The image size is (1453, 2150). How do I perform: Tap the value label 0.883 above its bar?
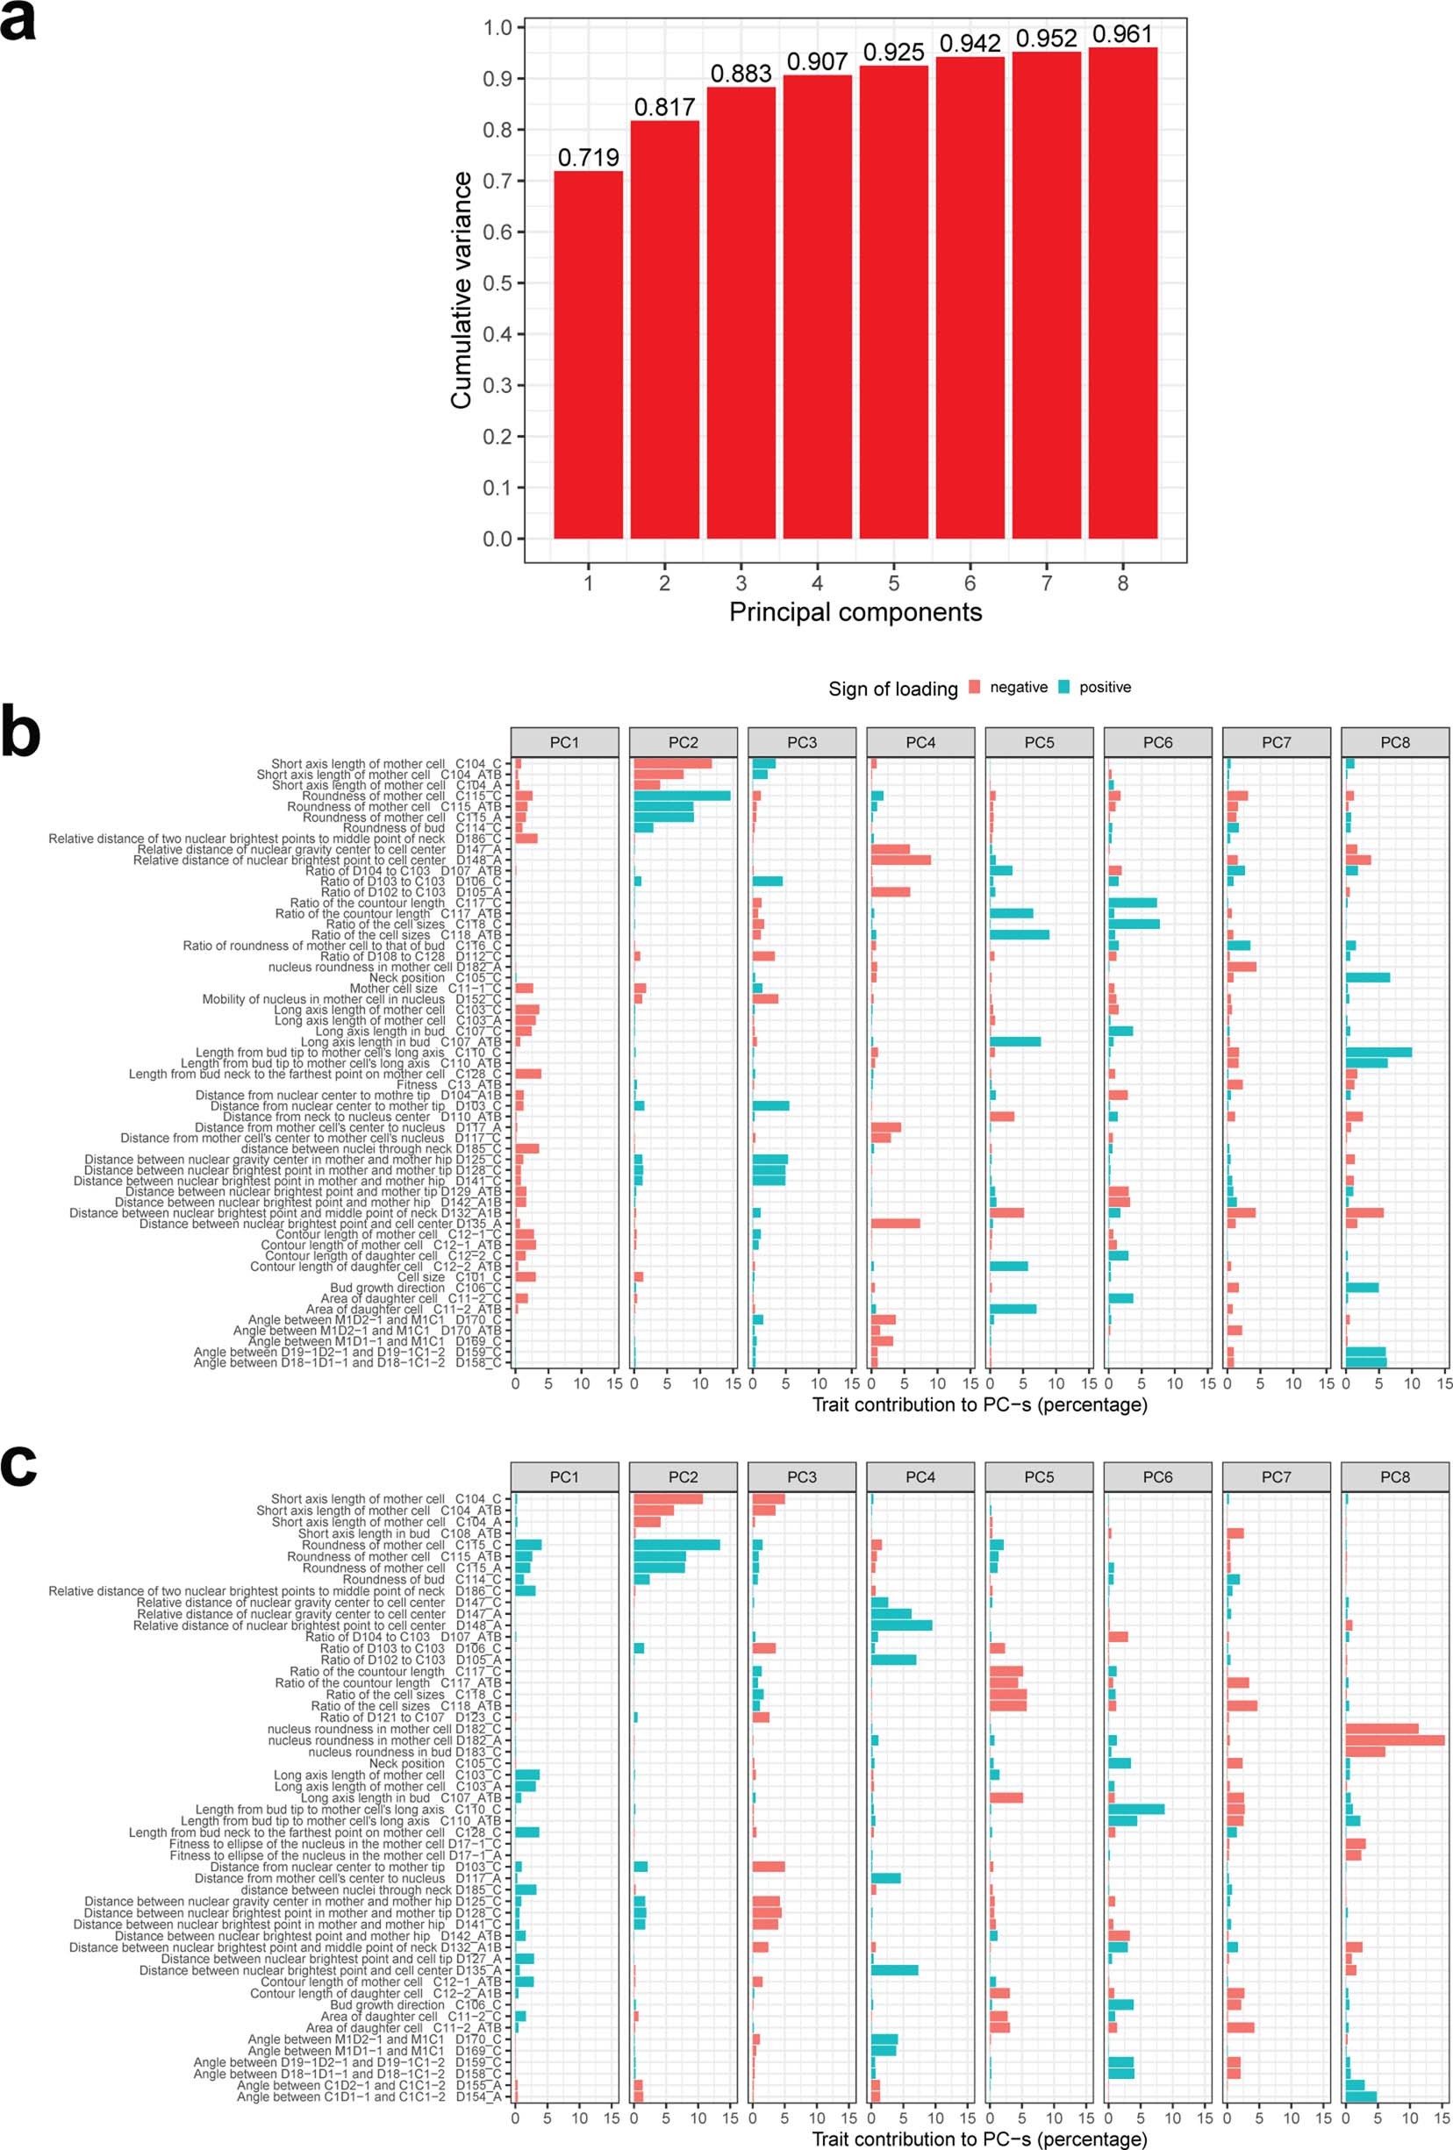(x=741, y=74)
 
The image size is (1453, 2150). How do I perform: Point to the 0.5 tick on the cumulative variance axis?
(x=497, y=283)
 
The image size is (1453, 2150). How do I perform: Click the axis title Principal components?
(x=855, y=612)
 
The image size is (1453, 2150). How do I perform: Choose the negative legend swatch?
(x=975, y=688)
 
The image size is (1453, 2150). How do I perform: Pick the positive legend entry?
(x=1104, y=688)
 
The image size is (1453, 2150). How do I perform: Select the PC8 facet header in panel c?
(x=1395, y=1477)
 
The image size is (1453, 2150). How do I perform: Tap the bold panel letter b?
(x=20, y=732)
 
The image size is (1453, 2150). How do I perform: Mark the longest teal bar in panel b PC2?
(x=682, y=796)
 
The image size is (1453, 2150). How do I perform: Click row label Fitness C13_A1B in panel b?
(x=449, y=1084)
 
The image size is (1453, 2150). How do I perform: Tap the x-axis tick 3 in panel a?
(x=741, y=583)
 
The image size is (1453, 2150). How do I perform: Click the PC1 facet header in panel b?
(x=564, y=743)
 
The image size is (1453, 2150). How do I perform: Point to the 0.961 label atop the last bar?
(x=1122, y=34)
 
